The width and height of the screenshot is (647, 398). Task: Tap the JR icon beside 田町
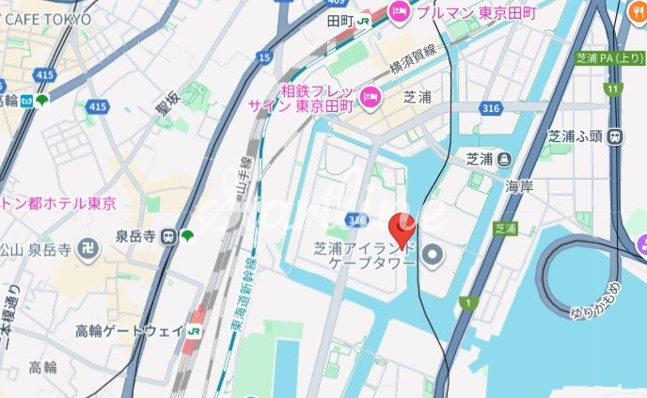click(x=361, y=20)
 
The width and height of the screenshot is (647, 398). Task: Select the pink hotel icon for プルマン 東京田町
click(x=400, y=12)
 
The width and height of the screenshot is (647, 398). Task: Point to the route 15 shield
click(x=264, y=58)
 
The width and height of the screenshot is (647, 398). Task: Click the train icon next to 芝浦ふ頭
click(x=615, y=135)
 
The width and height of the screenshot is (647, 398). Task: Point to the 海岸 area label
click(x=519, y=186)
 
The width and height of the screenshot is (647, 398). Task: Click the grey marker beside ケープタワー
click(x=433, y=254)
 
